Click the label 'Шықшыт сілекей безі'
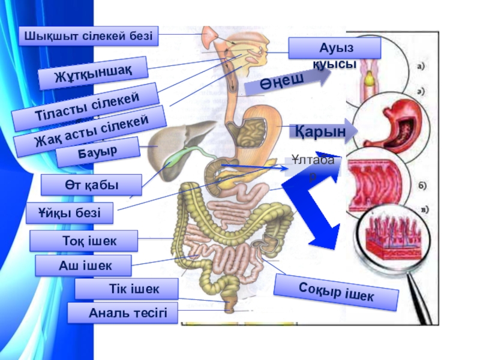[x=89, y=36]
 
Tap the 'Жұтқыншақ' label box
[x=93, y=72]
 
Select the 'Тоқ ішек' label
[x=84, y=241]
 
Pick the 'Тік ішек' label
[x=127, y=289]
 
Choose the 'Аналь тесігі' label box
[x=122, y=313]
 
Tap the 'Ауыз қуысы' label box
[x=334, y=48]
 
